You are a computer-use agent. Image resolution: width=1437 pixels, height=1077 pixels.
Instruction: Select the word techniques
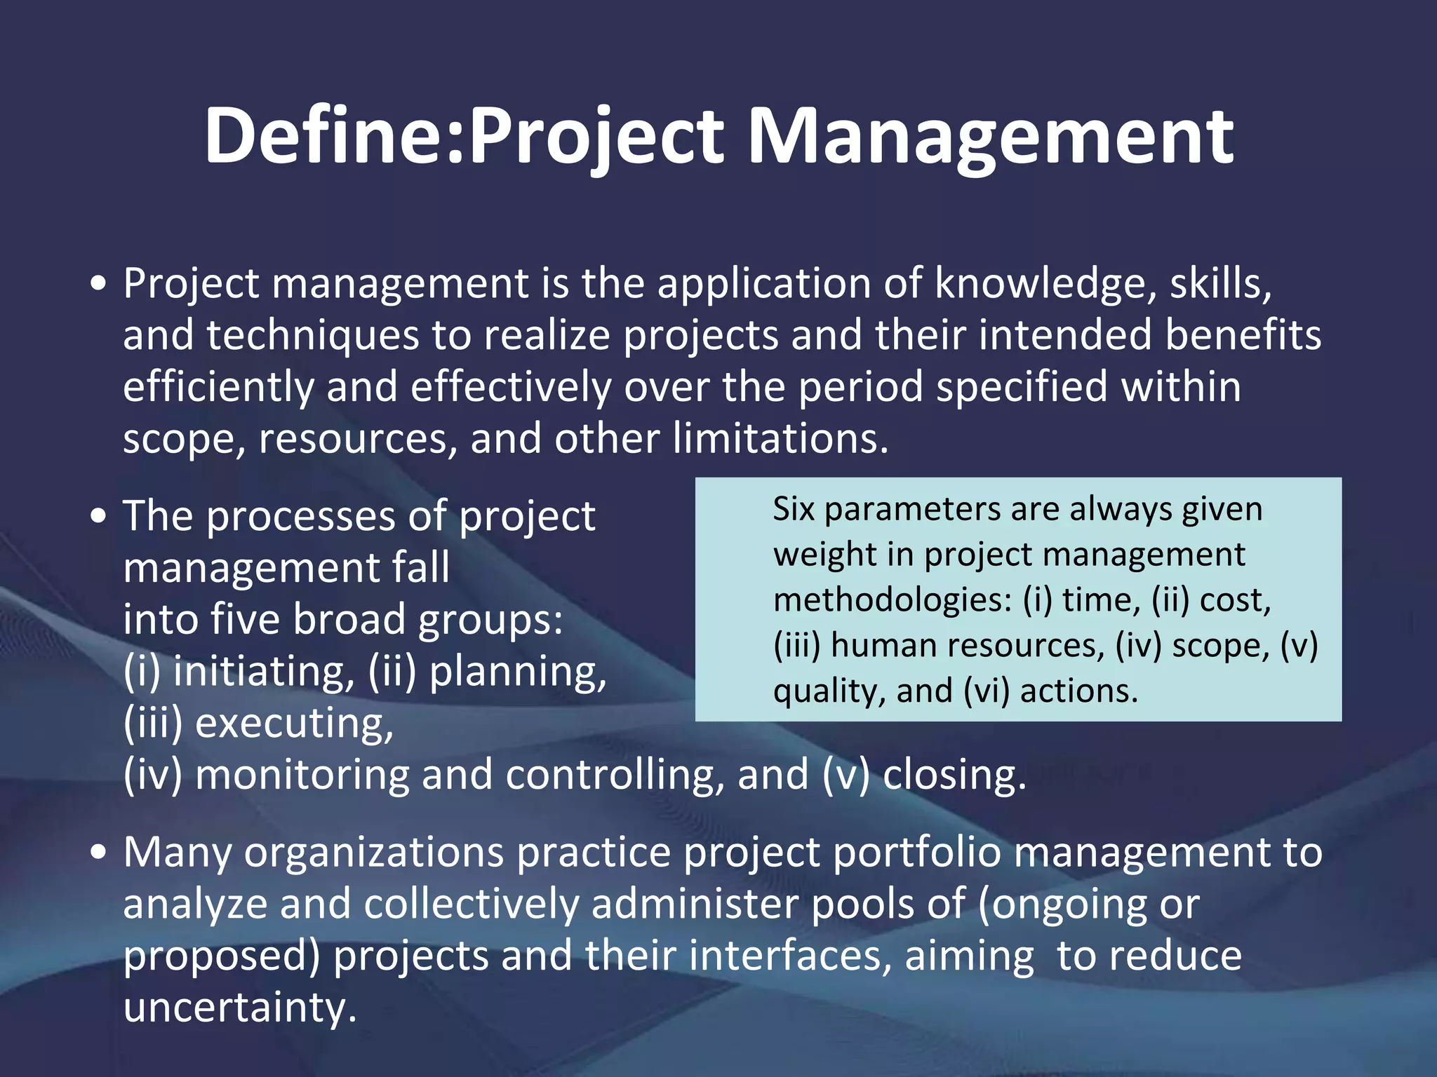[x=312, y=335]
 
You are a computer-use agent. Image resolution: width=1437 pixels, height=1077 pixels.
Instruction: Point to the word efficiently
[x=218, y=388]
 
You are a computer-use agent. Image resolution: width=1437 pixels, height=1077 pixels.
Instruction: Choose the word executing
[x=294, y=724]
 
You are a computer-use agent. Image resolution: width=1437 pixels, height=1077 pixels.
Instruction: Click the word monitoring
[x=302, y=775]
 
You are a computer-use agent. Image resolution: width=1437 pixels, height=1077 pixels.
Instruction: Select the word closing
[x=954, y=775]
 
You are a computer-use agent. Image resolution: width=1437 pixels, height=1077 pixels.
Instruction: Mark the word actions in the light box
[x=1078, y=691]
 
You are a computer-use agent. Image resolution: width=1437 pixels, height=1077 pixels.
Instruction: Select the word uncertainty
[x=240, y=1008]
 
